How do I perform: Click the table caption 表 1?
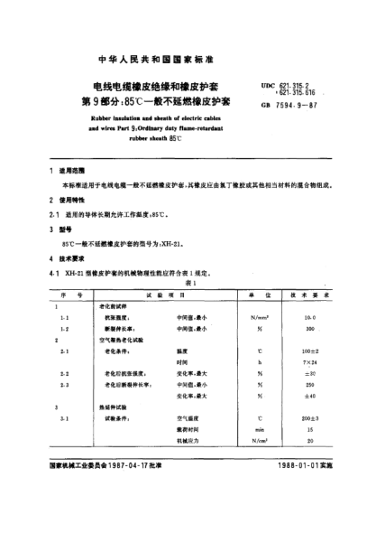pyautogui.click(x=188, y=282)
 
